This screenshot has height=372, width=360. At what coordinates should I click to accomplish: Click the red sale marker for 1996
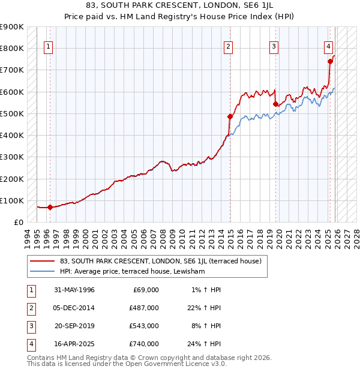click(x=50, y=208)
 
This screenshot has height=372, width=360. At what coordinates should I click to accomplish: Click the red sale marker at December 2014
click(x=230, y=116)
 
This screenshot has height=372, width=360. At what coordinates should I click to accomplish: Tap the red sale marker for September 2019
click(x=275, y=104)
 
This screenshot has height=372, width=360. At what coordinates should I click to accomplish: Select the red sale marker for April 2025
click(x=330, y=61)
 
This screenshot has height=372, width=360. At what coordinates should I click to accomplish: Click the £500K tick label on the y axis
click(x=12, y=114)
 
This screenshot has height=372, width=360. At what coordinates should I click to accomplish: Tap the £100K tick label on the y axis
click(x=12, y=201)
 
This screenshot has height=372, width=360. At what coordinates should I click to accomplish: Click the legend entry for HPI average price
click(x=133, y=272)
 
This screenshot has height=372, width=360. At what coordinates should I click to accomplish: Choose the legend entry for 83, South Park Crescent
click(x=160, y=261)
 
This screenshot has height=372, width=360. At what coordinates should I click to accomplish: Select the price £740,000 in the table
click(x=144, y=344)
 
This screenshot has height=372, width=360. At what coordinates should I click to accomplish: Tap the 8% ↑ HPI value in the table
click(x=206, y=326)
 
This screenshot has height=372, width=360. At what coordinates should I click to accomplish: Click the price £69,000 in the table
click(x=146, y=290)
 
